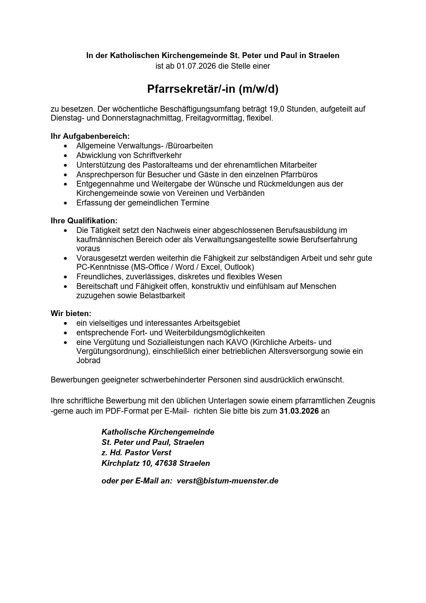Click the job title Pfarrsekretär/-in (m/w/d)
pyautogui.click(x=212, y=89)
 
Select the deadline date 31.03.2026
pyautogui.click(x=299, y=411)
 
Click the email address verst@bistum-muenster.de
pyautogui.click(x=227, y=481)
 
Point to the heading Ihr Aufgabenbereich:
pyautogui.click(x=90, y=136)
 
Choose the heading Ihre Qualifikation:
pyautogui.click(x=84, y=221)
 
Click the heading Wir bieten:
pyautogui.click(x=71, y=313)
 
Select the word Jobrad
pyautogui.click(x=88, y=360)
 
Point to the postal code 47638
pyautogui.click(x=166, y=463)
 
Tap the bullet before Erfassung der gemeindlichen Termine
pyautogui.click(x=66, y=203)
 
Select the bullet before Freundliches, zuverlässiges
pyautogui.click(x=66, y=277)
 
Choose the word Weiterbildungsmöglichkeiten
pyautogui.click(x=215, y=333)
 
